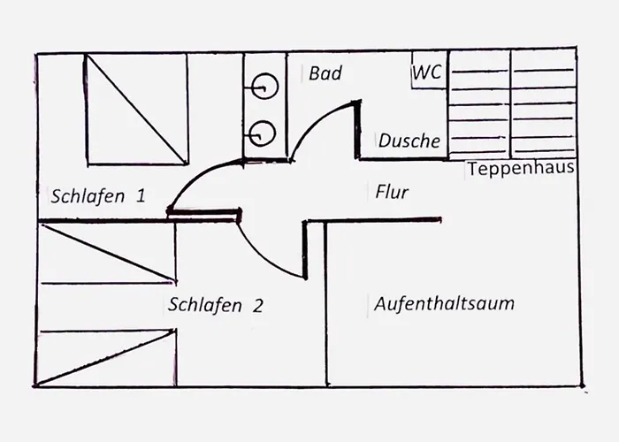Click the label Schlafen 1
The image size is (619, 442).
(97, 195)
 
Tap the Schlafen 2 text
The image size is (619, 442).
(215, 306)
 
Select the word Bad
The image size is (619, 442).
(325, 73)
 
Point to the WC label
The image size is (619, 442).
(426, 72)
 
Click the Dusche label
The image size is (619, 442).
(409, 141)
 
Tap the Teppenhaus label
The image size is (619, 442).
(521, 168)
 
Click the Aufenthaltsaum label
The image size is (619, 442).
(444, 304)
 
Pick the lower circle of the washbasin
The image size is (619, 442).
(263, 133)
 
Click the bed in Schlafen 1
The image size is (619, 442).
(136, 109)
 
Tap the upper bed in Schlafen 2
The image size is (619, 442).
(106, 254)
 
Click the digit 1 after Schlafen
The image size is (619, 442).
(139, 195)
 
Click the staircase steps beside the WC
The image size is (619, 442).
(512, 104)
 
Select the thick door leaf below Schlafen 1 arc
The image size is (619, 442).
(204, 212)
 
